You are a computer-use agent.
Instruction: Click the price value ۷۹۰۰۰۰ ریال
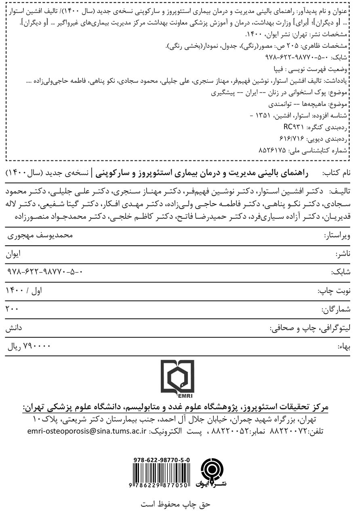pos(31,347)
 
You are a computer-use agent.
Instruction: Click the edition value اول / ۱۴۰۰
pos(25,291)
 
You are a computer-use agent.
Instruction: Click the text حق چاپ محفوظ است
pos(180,505)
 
